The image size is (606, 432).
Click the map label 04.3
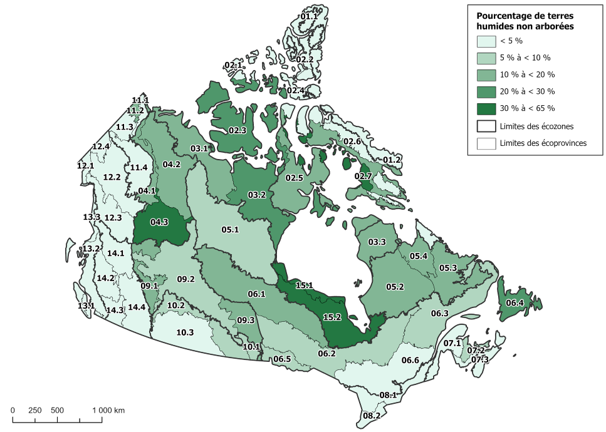pos(159,222)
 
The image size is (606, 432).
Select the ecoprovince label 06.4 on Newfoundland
pos(515,303)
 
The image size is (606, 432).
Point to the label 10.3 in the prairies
pos(185,332)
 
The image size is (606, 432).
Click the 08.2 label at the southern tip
pos(372,415)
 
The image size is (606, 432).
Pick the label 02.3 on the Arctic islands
pos(237,130)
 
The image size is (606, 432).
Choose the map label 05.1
pos(230,230)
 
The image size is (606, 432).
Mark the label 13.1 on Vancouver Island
pos(86,306)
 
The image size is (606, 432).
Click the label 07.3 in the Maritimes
pos(480,359)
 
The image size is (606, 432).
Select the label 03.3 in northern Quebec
pos(377,242)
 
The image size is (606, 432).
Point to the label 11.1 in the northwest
pos(140,100)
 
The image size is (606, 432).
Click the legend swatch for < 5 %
pos(486,41)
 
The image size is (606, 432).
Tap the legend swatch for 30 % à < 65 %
pos(486,108)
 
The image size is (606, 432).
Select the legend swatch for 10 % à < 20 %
pos(486,75)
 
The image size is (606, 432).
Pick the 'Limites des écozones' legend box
pos(486,126)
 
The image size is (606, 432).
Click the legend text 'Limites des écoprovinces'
pos(543,143)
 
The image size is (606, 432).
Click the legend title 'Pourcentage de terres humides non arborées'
pos(525,21)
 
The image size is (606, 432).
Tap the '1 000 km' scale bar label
pos(109,410)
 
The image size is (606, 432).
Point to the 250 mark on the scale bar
pos(35,410)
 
